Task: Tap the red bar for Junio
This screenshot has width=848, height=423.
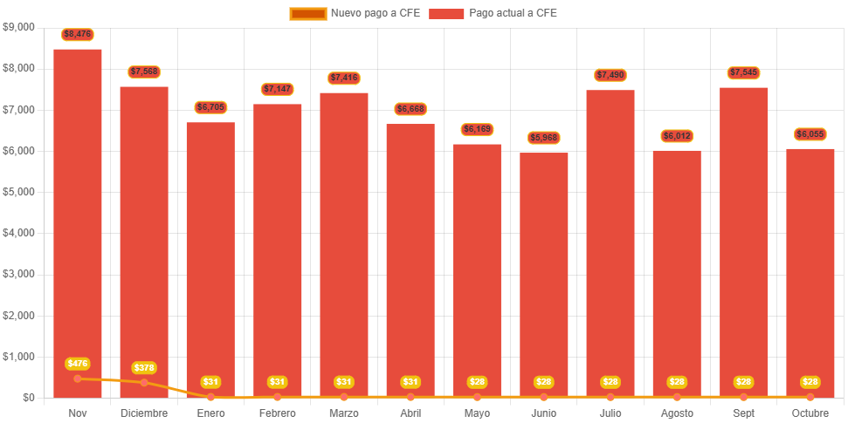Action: click(544, 270)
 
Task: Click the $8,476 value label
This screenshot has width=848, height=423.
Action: click(78, 34)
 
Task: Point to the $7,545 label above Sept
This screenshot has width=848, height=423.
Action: click(743, 72)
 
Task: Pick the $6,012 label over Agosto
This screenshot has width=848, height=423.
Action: click(677, 136)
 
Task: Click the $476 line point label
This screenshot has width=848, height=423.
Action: click(78, 363)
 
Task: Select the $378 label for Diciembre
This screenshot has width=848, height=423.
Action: click(144, 367)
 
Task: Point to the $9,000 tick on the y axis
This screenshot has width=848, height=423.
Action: click(18, 27)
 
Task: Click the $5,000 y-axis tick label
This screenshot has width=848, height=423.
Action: click(18, 192)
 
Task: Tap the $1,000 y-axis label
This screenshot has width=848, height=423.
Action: click(18, 357)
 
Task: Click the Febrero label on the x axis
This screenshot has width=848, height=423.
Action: click(277, 413)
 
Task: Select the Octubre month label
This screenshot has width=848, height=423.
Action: click(810, 413)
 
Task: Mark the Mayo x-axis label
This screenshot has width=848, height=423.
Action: click(477, 413)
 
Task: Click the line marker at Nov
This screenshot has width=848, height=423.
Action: click(78, 379)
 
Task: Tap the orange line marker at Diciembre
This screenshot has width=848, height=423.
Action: click(144, 382)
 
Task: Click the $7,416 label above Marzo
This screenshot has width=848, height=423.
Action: click(344, 78)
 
